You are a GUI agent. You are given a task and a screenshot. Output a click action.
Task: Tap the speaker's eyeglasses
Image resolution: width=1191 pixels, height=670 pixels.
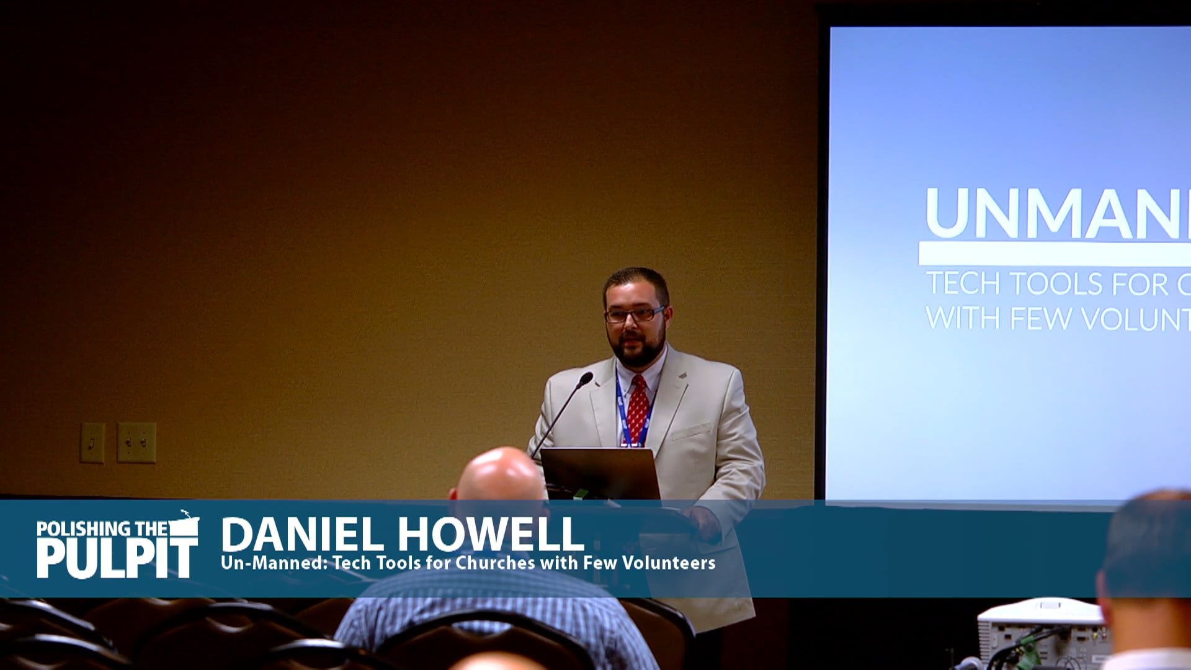[634, 315]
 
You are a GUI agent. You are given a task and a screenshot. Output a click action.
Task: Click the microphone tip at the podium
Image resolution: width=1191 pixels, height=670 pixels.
[585, 378]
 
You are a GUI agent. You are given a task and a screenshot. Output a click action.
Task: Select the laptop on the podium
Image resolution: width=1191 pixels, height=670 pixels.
[600, 473]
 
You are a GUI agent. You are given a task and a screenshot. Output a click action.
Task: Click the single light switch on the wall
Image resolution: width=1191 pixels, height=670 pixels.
[92, 442]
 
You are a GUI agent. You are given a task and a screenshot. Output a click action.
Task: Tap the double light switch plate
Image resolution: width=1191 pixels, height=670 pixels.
[136, 442]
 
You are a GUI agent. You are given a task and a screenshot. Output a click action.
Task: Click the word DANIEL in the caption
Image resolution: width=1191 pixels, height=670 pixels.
[302, 535]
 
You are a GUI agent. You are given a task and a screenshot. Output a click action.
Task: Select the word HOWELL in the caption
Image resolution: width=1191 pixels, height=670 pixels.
[491, 535]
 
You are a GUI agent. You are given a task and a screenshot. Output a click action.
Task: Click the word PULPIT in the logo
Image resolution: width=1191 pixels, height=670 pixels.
[117, 558]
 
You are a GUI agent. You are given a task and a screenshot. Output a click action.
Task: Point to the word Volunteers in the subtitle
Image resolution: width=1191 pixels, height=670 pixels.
[669, 563]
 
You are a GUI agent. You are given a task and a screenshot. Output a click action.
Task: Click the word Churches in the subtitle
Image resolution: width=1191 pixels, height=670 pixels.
[495, 563]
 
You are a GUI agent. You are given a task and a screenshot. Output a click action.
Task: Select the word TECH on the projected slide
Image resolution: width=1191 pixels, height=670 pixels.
[963, 284]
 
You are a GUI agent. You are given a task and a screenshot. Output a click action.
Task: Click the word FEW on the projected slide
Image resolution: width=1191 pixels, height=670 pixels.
[1040, 319]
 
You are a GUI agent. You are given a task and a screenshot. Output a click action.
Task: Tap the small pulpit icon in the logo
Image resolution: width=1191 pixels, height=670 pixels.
[184, 525]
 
